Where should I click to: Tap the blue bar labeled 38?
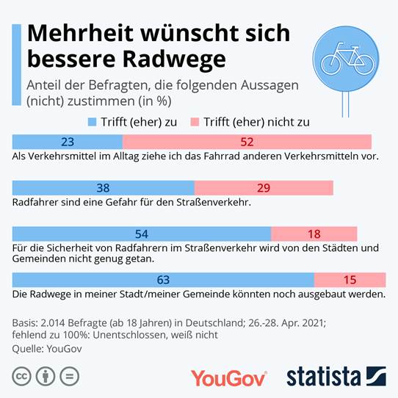click(104, 188)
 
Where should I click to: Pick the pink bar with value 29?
click(263, 188)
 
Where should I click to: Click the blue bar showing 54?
click(142, 234)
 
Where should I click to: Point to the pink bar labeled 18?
click(314, 234)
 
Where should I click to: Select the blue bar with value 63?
click(164, 280)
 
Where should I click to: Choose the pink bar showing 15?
click(350, 280)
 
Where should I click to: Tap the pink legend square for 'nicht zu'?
click(195, 122)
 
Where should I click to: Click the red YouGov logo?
click(228, 377)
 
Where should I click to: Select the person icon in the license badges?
click(46, 377)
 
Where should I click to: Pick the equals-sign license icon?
click(69, 377)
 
